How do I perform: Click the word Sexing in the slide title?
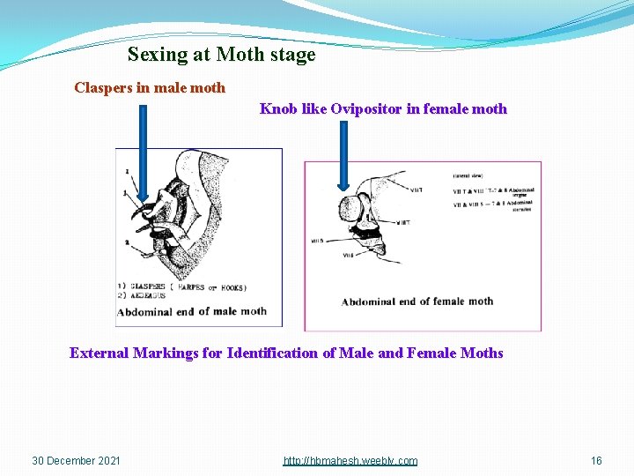coord(155,55)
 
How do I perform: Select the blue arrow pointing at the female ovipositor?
coord(343,154)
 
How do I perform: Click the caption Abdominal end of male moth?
coord(191,311)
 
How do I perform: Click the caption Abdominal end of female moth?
coord(417,301)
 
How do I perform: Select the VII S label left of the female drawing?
coord(319,240)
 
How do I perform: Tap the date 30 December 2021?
coord(77,461)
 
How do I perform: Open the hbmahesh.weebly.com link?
coord(350,461)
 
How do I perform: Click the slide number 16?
coord(596,461)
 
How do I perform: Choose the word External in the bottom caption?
coord(100,353)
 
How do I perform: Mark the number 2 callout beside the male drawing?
coord(128,242)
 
